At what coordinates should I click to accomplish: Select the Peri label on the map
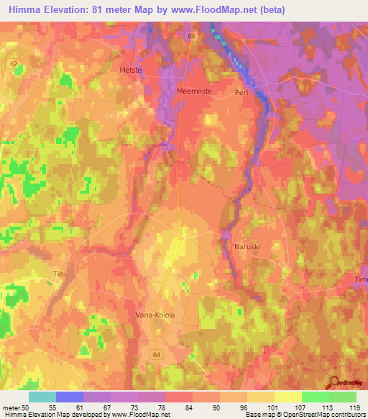241,93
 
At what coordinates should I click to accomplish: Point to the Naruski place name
247,246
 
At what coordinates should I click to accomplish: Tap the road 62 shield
14,63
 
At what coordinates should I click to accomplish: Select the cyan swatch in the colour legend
42,397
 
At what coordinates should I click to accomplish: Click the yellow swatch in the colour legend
287,397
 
